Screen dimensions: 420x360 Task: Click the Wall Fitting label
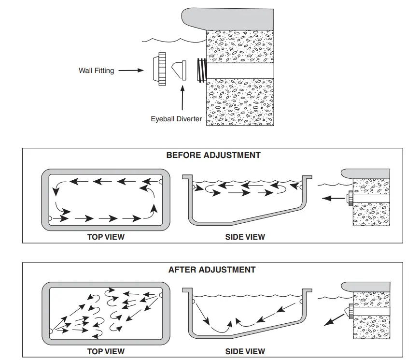[x=97, y=71]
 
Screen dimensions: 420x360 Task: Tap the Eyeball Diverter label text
[x=176, y=119]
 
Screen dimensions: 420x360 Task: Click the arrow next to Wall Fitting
[x=131, y=71]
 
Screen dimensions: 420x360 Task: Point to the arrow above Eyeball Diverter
[x=182, y=98]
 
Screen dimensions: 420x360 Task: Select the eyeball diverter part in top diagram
[x=179, y=71]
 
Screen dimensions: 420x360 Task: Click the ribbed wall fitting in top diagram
[x=160, y=69]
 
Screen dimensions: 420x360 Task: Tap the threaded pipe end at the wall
[x=202, y=70]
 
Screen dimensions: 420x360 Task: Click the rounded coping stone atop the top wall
[x=228, y=19]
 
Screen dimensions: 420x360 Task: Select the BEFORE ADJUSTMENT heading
[x=213, y=155]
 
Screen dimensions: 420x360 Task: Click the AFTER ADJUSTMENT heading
[x=212, y=270]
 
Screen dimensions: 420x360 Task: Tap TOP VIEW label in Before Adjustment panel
[x=106, y=237]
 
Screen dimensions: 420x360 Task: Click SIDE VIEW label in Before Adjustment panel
[x=245, y=237]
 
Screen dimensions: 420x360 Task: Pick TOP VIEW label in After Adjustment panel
[x=106, y=351]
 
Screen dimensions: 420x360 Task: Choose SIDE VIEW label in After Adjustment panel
[x=245, y=351]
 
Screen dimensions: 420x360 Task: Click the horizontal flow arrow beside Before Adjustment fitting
[x=334, y=198]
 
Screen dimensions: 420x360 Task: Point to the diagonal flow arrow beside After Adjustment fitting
[x=334, y=320]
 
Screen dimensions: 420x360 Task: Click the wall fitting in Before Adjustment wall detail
[x=350, y=198]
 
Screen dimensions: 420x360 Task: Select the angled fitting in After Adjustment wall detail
[x=349, y=311]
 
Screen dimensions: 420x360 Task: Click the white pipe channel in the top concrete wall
[x=240, y=71]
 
